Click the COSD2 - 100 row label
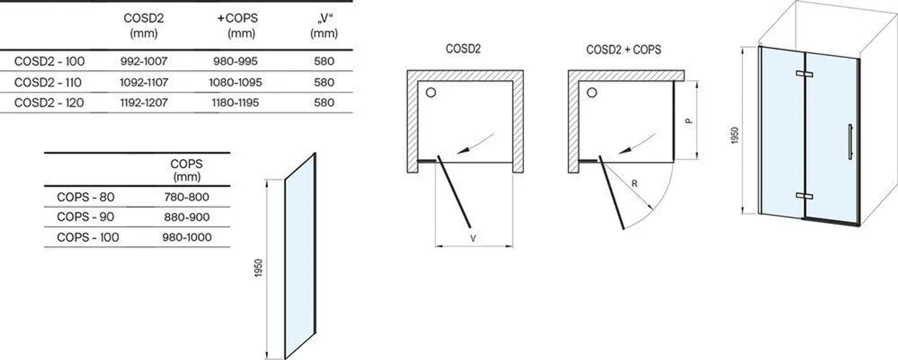tap(49, 61)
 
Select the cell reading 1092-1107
tap(144, 82)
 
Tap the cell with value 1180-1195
tap(235, 103)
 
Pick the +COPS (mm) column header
tap(237, 26)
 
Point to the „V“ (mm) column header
tap(324, 26)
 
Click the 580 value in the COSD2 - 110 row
tap(324, 82)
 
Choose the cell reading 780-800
tap(187, 198)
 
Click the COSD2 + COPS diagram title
tap(623, 50)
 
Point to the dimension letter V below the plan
tap(473, 238)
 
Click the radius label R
tap(634, 184)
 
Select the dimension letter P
tap(689, 120)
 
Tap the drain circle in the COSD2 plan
tap(431, 92)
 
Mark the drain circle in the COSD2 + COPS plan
tap(592, 92)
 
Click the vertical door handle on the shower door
tap(849, 141)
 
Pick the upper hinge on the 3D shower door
tap(804, 74)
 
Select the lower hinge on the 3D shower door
tap(804, 195)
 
